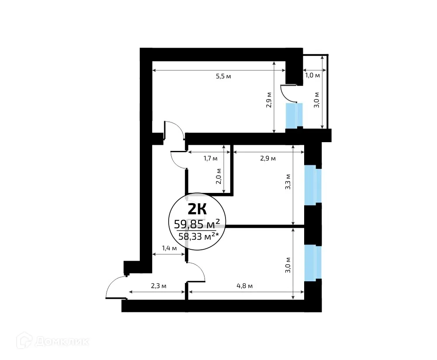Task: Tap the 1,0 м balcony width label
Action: point(312,75)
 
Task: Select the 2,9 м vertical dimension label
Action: point(269,100)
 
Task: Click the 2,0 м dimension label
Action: point(219,177)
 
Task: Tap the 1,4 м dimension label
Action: point(169,248)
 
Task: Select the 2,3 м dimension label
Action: point(158,286)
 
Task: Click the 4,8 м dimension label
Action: point(245,286)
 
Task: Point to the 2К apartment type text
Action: point(198,208)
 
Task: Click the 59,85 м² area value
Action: point(197,224)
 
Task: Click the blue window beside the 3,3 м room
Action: point(313,185)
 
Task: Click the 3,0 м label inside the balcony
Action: point(317,99)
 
